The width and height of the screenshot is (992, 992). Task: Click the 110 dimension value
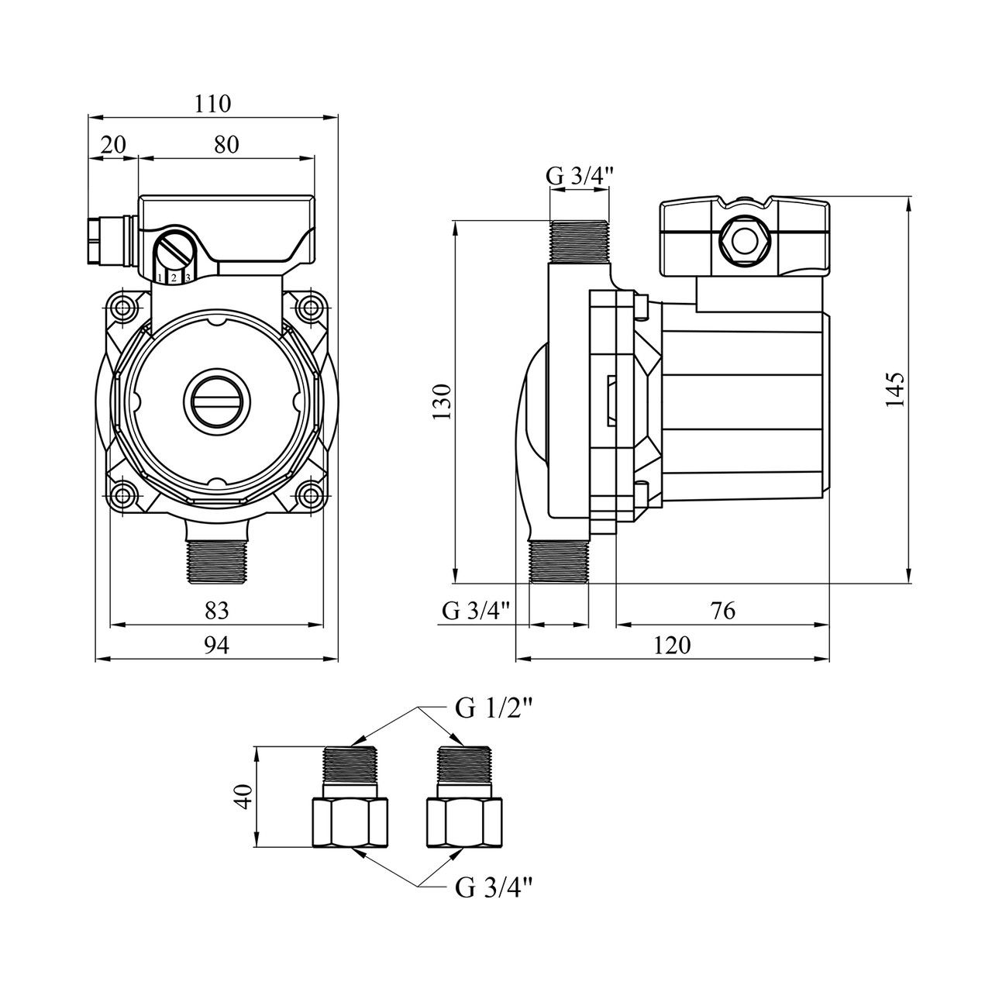pyautogui.click(x=214, y=103)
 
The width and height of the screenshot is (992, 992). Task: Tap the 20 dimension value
pyautogui.click(x=114, y=144)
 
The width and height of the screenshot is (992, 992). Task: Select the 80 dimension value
pyautogui.click(x=226, y=144)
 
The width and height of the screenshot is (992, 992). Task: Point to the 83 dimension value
pyautogui.click(x=217, y=611)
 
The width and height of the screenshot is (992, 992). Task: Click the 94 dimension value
pyautogui.click(x=217, y=646)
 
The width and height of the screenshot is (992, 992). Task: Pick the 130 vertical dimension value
pyautogui.click(x=443, y=401)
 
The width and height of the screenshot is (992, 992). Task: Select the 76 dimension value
pyautogui.click(x=722, y=611)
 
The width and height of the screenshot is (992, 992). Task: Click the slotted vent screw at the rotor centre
pyautogui.click(x=217, y=401)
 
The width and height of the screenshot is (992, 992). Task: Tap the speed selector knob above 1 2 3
pyautogui.click(x=174, y=252)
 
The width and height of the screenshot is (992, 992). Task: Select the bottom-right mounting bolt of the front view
pyautogui.click(x=311, y=494)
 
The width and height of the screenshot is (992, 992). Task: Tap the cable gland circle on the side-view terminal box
pyautogui.click(x=742, y=238)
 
